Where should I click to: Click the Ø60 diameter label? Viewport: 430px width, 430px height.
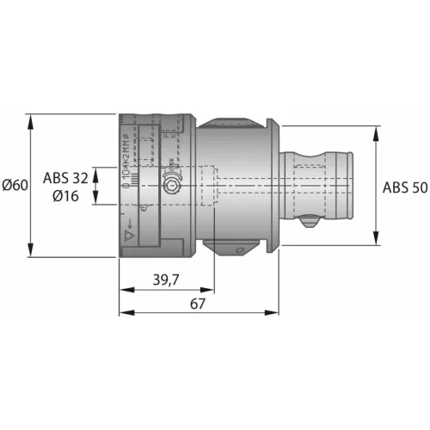(15, 185)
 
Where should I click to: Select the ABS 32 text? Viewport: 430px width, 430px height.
(64, 178)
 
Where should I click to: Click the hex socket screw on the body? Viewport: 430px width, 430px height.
(172, 186)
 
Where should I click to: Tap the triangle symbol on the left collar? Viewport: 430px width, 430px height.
(130, 232)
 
